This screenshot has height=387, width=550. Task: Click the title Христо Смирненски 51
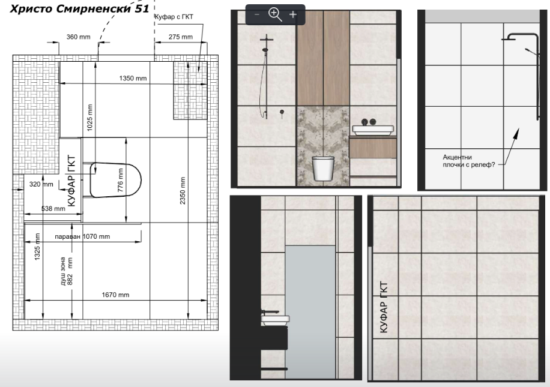(x=79, y=8)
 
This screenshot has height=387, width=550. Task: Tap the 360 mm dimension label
(x=78, y=37)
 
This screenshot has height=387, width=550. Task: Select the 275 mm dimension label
(x=180, y=37)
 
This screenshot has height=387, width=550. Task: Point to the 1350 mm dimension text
(x=133, y=78)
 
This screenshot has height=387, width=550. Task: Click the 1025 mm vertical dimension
(x=90, y=118)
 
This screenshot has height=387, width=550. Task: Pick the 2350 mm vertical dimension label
(x=183, y=191)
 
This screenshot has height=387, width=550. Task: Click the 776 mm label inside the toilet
(x=120, y=180)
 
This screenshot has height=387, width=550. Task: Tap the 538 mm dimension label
(x=53, y=209)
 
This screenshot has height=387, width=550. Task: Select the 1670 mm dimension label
(x=115, y=295)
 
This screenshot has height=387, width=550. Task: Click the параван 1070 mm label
(x=82, y=236)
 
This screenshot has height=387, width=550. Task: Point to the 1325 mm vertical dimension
(x=37, y=247)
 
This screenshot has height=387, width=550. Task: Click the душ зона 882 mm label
(x=66, y=271)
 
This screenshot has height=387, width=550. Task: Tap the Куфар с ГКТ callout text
(x=174, y=16)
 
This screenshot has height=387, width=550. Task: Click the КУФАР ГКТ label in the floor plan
(x=71, y=181)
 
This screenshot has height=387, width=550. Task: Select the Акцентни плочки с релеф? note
(x=468, y=161)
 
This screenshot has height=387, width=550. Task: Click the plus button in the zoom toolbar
(x=293, y=14)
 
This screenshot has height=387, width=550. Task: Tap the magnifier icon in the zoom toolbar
(x=275, y=14)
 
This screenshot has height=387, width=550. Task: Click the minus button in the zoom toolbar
(x=257, y=14)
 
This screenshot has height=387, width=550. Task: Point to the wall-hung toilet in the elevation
(x=323, y=168)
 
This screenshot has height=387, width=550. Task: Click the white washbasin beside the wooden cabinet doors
(x=373, y=130)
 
